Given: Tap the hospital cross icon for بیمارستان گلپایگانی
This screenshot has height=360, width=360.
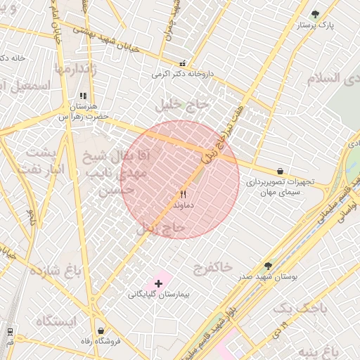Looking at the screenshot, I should pyautogui.click(x=158, y=283).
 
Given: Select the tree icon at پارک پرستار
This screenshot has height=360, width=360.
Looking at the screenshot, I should pyautogui.click(x=315, y=13).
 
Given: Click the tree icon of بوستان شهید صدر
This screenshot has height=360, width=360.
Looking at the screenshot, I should pyautogui.click(x=268, y=266).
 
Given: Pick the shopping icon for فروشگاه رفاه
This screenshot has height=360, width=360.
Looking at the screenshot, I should pyautogui.click(x=101, y=330).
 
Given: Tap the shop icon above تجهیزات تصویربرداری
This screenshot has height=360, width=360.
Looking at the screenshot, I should pyautogui.click(x=280, y=171).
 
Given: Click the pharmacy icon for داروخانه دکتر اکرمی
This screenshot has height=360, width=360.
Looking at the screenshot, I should pyautogui.click(x=183, y=63).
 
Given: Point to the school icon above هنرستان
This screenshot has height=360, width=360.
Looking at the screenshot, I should pyautogui.click(x=83, y=95).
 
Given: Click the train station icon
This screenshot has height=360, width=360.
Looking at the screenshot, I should pyautogui.click(x=10, y=331).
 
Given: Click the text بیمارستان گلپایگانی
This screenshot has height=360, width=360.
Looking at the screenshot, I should pyautogui.click(x=155, y=295).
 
